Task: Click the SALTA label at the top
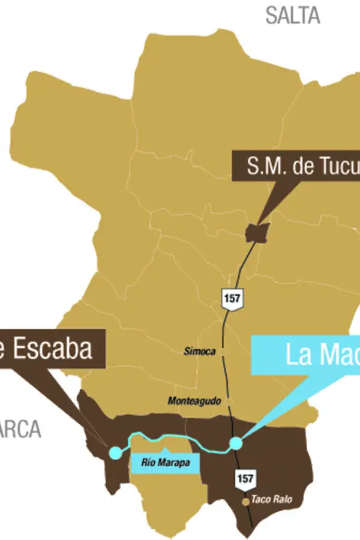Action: pyautogui.click(x=293, y=16)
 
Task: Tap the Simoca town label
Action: pyautogui.click(x=200, y=352)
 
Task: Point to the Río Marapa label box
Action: pyautogui.click(x=163, y=463)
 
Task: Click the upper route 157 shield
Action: pyautogui.click(x=231, y=298)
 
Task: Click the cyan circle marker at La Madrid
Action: pyautogui.click(x=236, y=443)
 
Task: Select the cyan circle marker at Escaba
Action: pyautogui.click(x=115, y=453)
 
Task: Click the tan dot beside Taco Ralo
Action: pyautogui.click(x=245, y=502)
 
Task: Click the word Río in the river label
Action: pyautogui.click(x=148, y=463)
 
